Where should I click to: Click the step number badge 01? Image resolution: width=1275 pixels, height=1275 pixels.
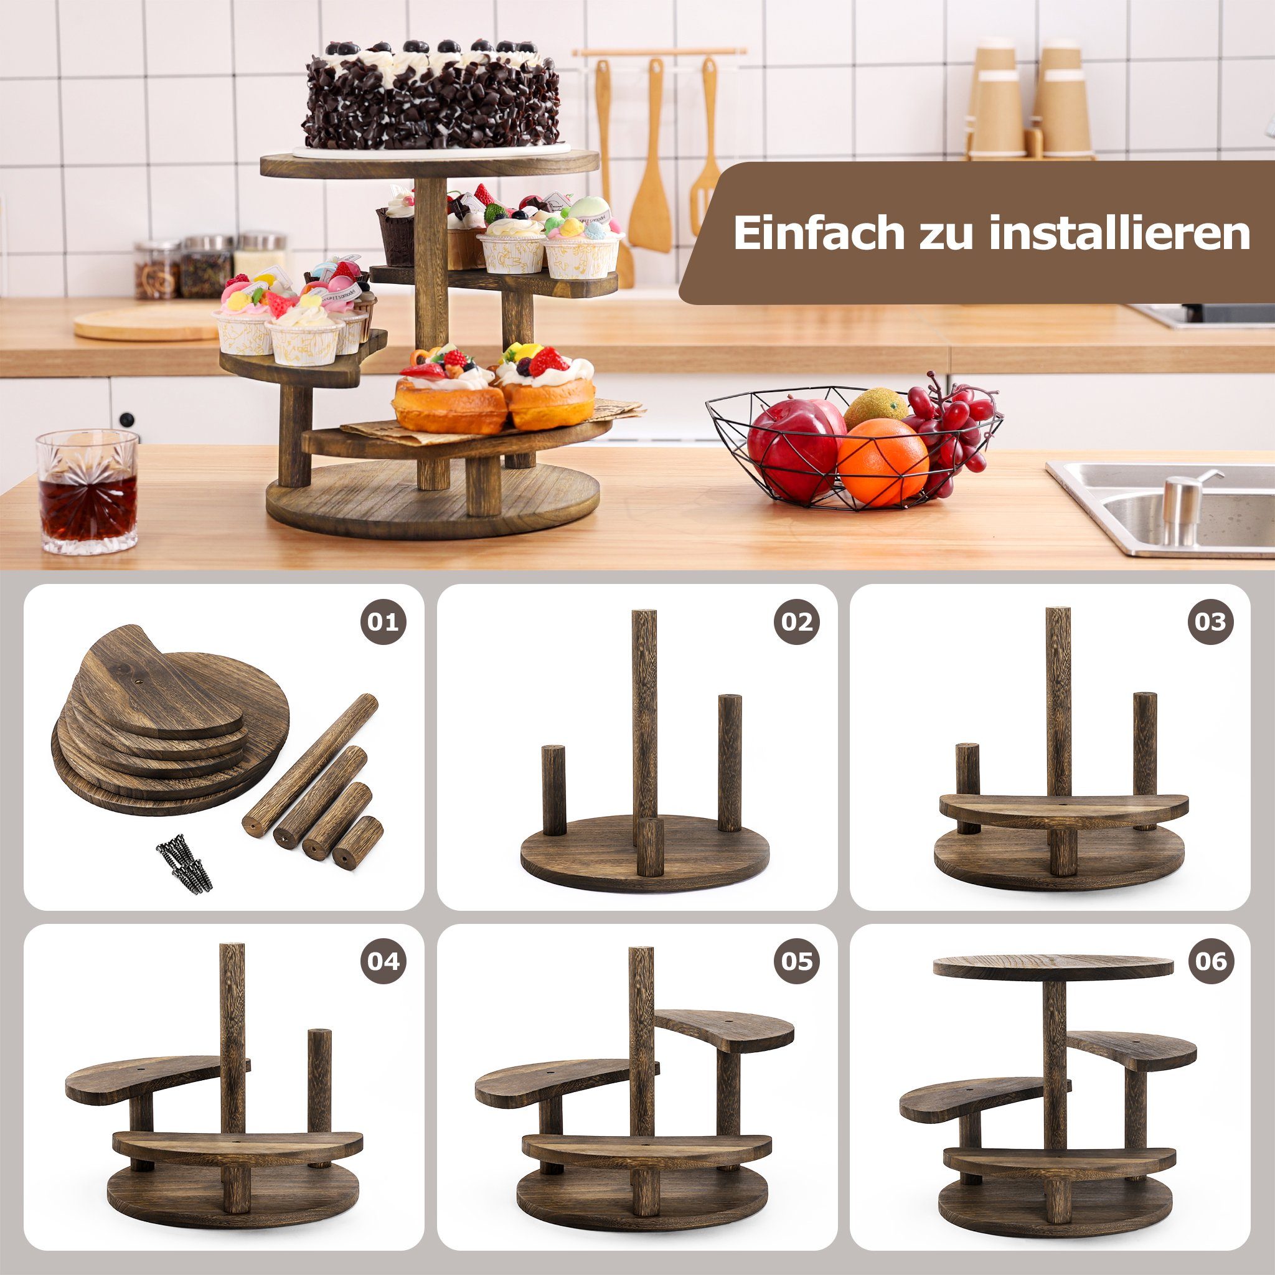click(x=383, y=622)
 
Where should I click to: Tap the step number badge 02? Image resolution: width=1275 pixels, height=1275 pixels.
click(x=796, y=622)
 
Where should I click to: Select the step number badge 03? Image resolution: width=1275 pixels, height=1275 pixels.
click(x=1210, y=622)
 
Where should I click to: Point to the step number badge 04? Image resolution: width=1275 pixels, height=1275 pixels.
click(x=383, y=961)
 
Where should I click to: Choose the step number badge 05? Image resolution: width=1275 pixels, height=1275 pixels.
click(x=796, y=961)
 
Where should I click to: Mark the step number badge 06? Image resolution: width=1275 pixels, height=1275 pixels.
click(x=1210, y=961)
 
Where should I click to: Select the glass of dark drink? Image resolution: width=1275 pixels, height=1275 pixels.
click(x=87, y=491)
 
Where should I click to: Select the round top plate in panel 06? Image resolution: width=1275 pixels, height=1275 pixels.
click(x=1053, y=967)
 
